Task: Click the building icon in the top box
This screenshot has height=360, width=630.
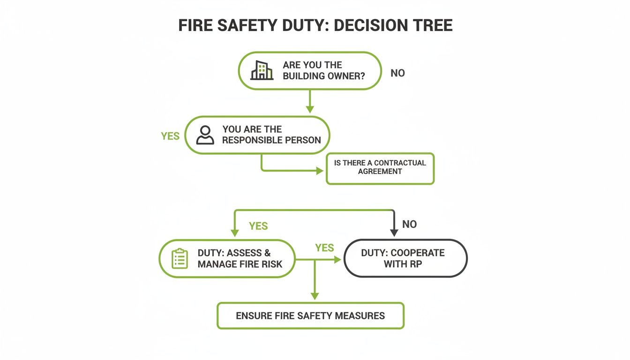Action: coord(262,70)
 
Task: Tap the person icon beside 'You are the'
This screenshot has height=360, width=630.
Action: coord(205,135)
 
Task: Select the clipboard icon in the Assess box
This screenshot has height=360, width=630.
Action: coord(180,259)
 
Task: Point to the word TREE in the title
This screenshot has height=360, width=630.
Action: coord(433,25)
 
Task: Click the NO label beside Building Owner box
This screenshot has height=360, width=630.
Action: coord(397,73)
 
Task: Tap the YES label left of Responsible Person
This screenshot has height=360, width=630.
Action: coord(170,136)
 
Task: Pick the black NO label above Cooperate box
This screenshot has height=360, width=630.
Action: coord(409,224)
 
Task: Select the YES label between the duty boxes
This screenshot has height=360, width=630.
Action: coord(324,247)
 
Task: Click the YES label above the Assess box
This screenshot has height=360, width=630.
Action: coord(258,226)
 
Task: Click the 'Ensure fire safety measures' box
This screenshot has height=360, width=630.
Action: coord(310,315)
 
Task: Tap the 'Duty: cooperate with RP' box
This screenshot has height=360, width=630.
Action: coord(405,258)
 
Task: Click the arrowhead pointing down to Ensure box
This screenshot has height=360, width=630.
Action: coord(315,296)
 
